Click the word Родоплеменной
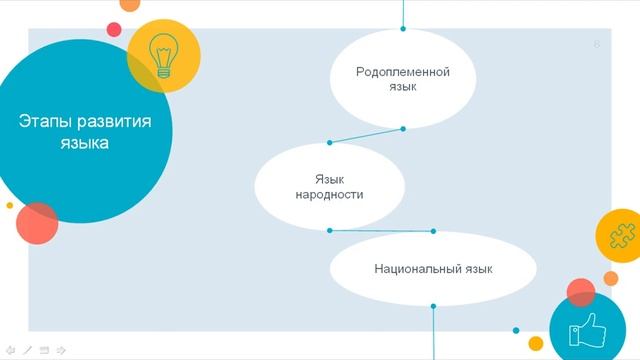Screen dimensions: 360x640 click(x=403, y=72)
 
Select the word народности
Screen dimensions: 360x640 click(x=329, y=195)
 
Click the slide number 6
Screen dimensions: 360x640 click(x=597, y=44)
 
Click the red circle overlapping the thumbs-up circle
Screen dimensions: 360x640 click(x=581, y=293)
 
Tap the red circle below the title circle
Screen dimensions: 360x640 click(x=37, y=223)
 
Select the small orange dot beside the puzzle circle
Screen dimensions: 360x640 click(x=611, y=278)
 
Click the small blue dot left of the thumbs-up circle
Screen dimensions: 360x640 click(x=516, y=329)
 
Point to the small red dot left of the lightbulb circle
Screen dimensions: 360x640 click(x=114, y=29)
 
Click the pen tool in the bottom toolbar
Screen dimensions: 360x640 click(x=28, y=350)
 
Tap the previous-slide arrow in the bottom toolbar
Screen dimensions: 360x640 click(x=11, y=350)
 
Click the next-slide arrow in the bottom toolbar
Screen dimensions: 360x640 click(x=61, y=350)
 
